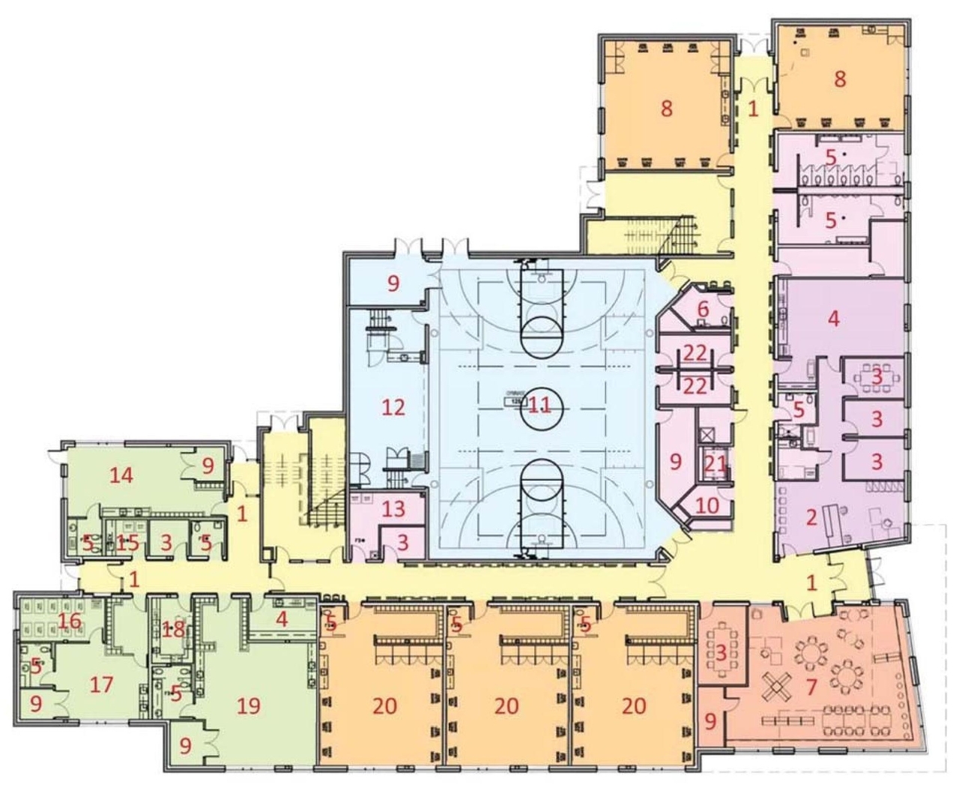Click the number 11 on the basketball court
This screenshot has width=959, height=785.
coord(539,406)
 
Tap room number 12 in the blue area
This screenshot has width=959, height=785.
coord(393,407)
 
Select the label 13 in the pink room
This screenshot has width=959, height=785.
coord(394,510)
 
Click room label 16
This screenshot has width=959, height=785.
coord(70,621)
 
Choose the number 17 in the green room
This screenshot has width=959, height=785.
coord(100,685)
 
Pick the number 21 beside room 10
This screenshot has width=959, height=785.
coord(715,463)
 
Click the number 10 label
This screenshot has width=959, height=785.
coord(707,505)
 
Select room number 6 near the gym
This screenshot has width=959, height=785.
coord(703,308)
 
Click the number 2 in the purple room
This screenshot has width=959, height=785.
coord(810,517)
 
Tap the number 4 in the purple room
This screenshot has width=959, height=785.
coord(833,318)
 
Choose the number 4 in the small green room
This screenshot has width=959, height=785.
coord(282,619)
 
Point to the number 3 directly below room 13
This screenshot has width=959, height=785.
coord(403,542)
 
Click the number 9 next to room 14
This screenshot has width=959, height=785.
coord(208,466)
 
